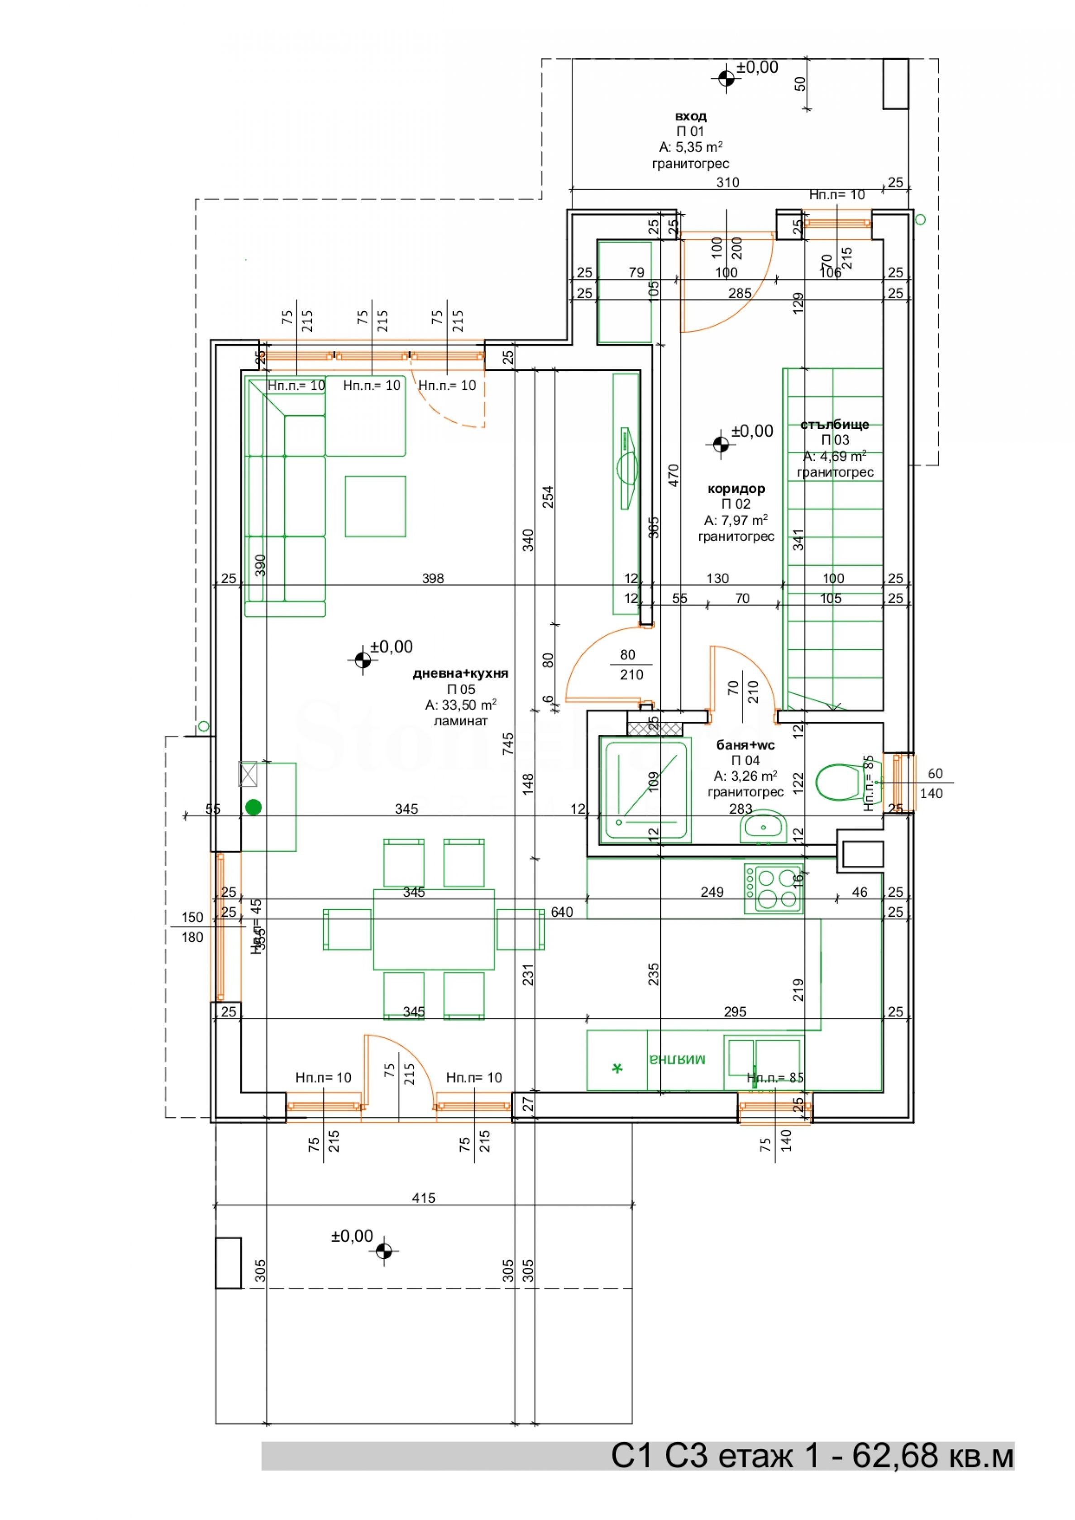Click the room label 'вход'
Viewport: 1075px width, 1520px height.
[x=690, y=116]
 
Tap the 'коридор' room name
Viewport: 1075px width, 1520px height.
[x=736, y=489]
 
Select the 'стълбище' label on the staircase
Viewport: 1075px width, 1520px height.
[x=834, y=424]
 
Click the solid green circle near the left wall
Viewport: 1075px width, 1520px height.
[x=253, y=807]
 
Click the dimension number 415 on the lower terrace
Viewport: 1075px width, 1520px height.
[x=424, y=1198]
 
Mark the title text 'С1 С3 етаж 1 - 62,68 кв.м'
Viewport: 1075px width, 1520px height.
[x=812, y=1456]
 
